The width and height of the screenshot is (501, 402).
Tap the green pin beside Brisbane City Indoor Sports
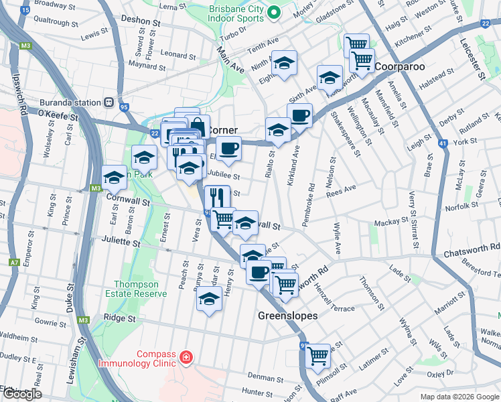(x=273, y=12)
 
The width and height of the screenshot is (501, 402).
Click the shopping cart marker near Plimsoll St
(x=317, y=354)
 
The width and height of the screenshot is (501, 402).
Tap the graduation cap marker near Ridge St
(x=209, y=299)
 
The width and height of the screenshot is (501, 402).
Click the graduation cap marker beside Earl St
(x=114, y=178)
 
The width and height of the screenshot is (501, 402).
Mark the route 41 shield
(x=442, y=143)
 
